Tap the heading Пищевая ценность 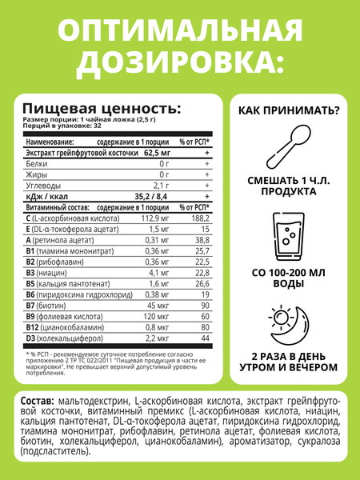point(101,109)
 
